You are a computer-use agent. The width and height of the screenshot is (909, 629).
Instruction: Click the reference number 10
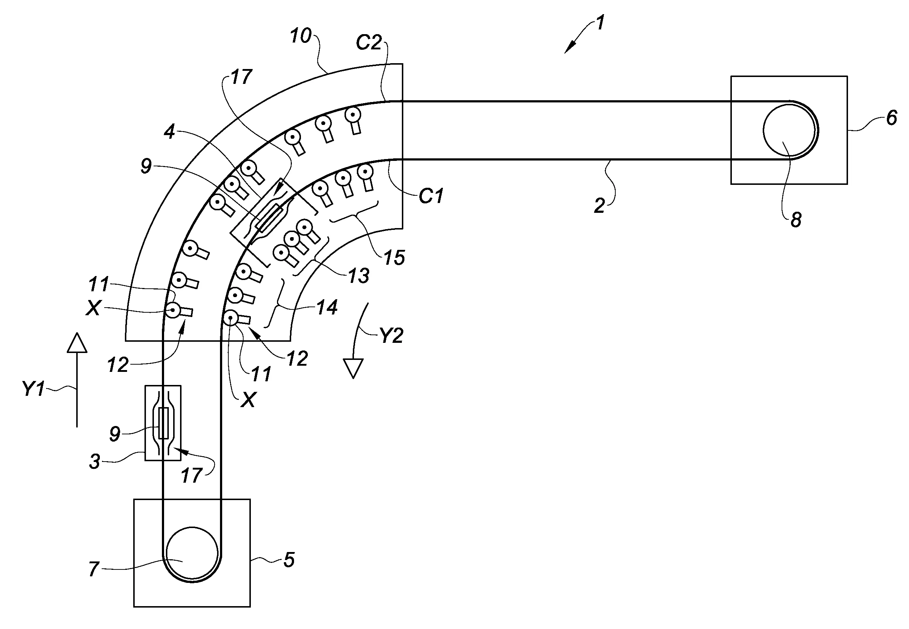pos(301,36)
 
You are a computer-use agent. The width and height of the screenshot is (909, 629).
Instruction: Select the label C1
pos(431,196)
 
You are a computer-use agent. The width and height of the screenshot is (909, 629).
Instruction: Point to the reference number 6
pos(892,118)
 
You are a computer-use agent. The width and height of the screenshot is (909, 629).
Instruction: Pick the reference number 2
pos(599,206)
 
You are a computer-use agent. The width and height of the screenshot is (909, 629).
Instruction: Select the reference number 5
pos(289,560)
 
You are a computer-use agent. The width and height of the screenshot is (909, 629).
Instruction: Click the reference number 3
pos(94,462)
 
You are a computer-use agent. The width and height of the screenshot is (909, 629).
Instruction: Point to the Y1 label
pos(33,389)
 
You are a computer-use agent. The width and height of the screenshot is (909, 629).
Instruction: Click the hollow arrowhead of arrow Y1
pos(77,342)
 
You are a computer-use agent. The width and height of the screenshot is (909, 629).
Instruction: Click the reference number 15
pos(394,258)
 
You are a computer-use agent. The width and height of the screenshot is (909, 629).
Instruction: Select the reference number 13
pos(358,276)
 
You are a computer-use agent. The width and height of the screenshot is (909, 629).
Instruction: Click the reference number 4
pos(170,132)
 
